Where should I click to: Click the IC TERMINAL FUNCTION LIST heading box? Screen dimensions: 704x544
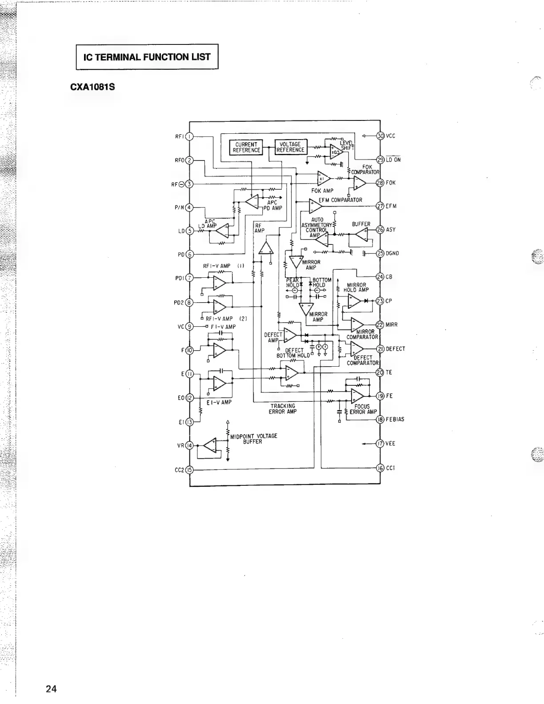click(147, 57)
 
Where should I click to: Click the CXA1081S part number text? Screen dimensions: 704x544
click(92, 87)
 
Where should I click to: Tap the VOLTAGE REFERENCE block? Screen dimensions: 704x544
click(291, 147)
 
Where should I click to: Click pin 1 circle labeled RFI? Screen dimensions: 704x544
click(189, 136)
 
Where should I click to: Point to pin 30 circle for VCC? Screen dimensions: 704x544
click(380, 136)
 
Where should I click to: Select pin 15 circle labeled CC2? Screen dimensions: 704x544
click(189, 469)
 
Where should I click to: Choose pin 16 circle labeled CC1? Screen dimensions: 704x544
click(380, 468)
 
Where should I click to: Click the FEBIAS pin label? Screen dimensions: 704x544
click(395, 420)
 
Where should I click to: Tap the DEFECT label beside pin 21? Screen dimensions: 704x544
click(396, 349)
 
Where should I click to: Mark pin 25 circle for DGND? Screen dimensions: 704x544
click(380, 253)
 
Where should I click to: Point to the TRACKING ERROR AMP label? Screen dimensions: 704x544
click(283, 409)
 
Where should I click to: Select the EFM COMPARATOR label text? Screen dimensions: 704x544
click(340, 200)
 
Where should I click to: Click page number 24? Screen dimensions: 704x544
click(51, 689)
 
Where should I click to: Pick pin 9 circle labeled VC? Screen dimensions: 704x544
click(189, 326)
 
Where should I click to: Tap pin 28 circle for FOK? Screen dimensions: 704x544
click(380, 183)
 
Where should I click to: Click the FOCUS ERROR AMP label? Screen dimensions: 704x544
click(363, 409)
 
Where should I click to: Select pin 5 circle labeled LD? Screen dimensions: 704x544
click(189, 230)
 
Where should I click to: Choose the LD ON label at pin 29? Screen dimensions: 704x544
click(393, 160)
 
